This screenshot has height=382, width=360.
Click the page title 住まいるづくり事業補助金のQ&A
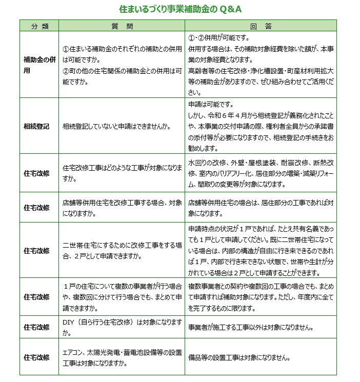pos(180,9)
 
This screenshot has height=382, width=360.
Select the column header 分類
pos(39,26)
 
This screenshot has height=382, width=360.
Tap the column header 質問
pos(122,26)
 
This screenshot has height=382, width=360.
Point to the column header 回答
pos(261,26)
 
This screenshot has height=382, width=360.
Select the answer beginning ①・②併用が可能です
pos(261,65)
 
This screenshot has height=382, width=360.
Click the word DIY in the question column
pos(70,323)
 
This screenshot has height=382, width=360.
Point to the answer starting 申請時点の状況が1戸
pos(261,250)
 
